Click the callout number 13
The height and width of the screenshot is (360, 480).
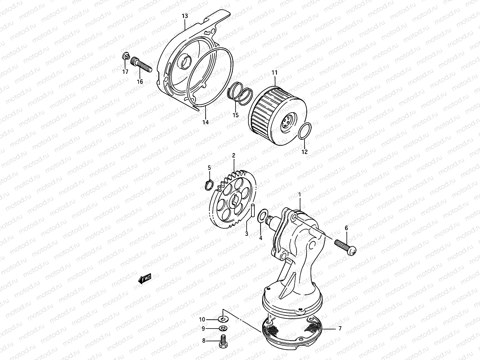pos(185,16)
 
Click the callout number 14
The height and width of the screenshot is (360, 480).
pos(205,122)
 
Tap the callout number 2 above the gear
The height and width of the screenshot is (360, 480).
pos(233,155)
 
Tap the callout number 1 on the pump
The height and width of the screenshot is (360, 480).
pos(299,195)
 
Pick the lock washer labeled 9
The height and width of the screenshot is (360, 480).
pos(223,328)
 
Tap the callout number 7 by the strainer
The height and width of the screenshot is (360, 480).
pos(340,328)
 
